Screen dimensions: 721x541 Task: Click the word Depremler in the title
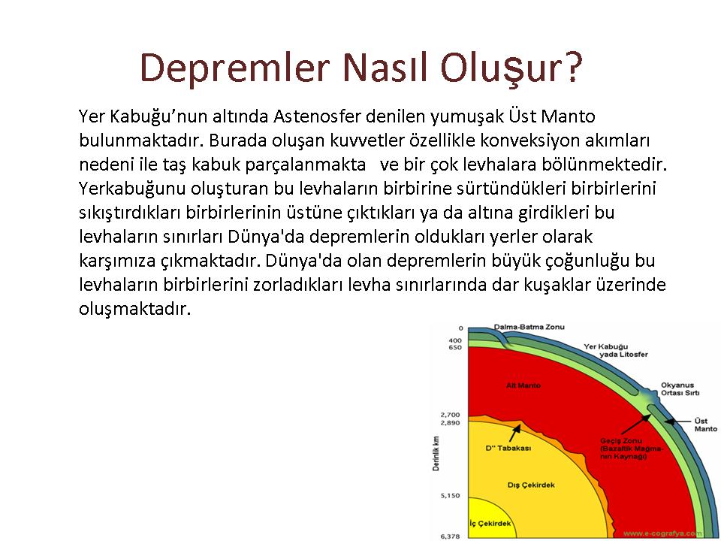(x=235, y=68)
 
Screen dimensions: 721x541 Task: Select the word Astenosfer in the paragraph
(x=317, y=116)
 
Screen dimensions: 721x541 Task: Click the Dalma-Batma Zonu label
(x=529, y=327)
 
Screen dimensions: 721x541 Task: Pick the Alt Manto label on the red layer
(x=523, y=385)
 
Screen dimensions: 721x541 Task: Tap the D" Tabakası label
(x=508, y=448)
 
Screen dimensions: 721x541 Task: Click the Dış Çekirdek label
(x=531, y=485)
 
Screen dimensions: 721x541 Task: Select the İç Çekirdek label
(x=490, y=524)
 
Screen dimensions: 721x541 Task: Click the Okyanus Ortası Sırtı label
(x=680, y=389)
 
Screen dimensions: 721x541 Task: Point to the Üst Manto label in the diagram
(x=705, y=425)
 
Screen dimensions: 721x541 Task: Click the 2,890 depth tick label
(x=450, y=423)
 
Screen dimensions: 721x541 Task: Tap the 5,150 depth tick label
(x=450, y=495)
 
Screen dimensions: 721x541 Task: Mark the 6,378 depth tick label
(x=450, y=536)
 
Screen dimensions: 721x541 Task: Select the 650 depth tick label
(x=455, y=347)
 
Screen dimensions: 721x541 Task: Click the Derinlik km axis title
(x=436, y=453)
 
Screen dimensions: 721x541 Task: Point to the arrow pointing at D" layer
(x=515, y=434)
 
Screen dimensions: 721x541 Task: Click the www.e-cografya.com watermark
(x=662, y=533)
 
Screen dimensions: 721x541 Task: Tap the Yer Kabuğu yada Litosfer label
(x=616, y=351)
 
